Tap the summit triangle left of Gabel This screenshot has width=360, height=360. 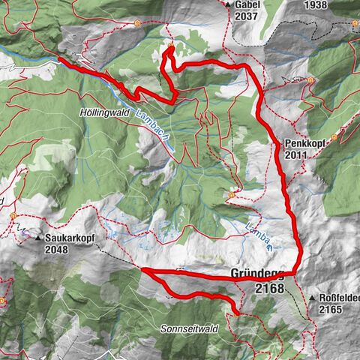click(228, 4)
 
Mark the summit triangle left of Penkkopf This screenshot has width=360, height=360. click(279, 142)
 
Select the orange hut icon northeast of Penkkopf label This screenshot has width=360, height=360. click(334, 137)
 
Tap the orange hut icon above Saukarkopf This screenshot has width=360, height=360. click(13, 216)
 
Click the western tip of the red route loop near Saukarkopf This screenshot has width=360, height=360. click(142, 268)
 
